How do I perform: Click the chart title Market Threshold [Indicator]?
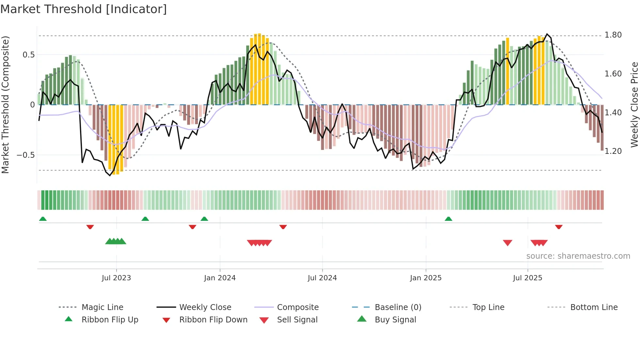(84, 9)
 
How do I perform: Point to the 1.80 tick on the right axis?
(613, 35)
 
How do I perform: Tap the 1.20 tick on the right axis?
(613, 151)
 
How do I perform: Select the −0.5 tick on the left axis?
(26, 155)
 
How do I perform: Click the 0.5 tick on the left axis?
(29, 55)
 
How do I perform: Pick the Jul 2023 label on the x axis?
(116, 278)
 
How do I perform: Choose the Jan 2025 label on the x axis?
(425, 278)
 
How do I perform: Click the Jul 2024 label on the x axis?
(322, 278)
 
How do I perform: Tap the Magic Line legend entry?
(102, 307)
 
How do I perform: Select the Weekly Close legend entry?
(205, 307)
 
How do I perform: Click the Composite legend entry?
(297, 307)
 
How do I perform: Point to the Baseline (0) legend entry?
(398, 307)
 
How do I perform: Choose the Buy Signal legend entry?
(395, 320)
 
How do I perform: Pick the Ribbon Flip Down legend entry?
(213, 320)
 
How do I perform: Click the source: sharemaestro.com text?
(578, 256)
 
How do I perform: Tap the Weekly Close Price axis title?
(634, 105)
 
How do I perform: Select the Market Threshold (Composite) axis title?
(5, 105)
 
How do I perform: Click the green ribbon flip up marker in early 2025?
(448, 219)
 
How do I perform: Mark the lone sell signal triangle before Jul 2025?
(507, 243)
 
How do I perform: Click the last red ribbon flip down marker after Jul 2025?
(559, 227)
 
